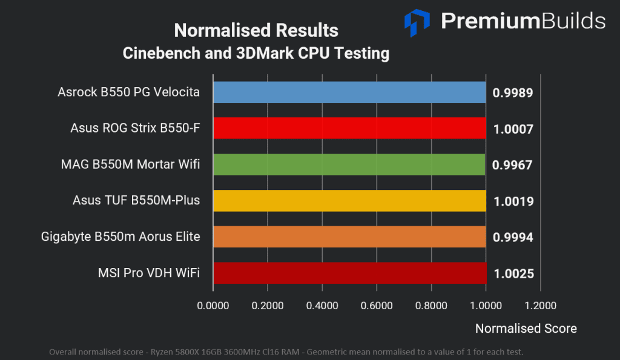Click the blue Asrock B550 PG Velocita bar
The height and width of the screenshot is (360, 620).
[349, 92]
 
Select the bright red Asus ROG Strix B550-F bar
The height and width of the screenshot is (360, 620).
[349, 128]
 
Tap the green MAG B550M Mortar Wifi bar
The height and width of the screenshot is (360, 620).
[349, 165]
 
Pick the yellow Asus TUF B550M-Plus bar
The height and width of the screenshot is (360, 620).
[349, 201]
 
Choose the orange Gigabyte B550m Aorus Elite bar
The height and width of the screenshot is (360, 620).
[349, 237]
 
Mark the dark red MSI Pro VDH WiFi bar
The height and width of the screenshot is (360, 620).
[350, 273]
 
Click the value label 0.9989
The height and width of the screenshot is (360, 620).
[512, 93]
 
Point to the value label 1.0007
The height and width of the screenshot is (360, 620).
[512, 129]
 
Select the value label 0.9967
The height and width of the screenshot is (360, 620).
[512, 165]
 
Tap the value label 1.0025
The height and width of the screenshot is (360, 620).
[513, 274]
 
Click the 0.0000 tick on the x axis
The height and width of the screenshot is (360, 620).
[213, 306]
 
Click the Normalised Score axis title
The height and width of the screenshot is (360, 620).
[526, 329]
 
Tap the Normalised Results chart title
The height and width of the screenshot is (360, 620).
[256, 30]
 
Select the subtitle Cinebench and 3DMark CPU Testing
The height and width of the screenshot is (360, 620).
[256, 53]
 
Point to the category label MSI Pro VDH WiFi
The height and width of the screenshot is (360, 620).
[148, 273]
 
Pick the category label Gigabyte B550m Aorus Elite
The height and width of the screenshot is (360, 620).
[120, 237]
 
